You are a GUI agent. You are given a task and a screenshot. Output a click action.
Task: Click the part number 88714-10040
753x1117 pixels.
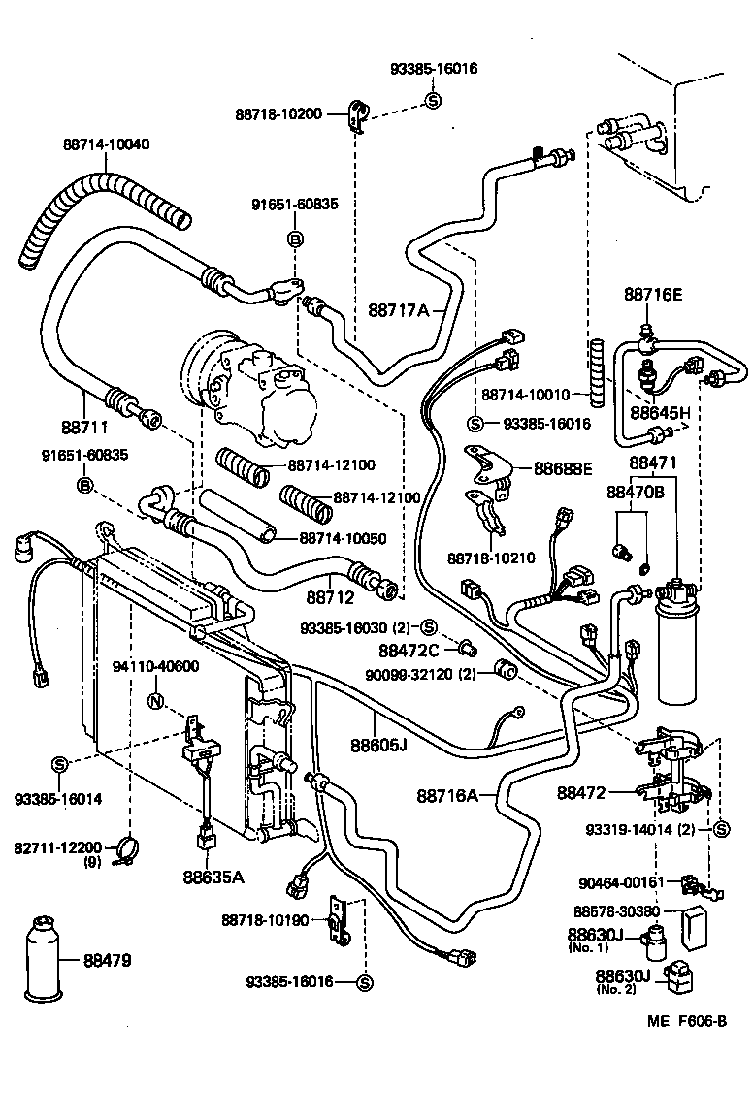tap(107, 144)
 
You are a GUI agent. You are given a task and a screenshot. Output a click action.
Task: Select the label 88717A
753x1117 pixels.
tap(398, 310)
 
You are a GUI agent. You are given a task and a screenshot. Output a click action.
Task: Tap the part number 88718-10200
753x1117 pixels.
tap(278, 113)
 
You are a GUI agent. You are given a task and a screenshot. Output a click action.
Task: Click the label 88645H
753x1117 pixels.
tap(660, 411)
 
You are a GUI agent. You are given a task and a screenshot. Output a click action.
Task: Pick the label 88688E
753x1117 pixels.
tap(563, 468)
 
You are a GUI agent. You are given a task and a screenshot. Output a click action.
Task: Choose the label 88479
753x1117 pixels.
tap(107, 961)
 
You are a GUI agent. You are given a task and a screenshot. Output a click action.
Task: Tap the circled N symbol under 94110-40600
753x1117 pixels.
tap(154, 701)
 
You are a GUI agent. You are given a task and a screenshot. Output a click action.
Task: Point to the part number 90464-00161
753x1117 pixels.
tap(621, 882)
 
